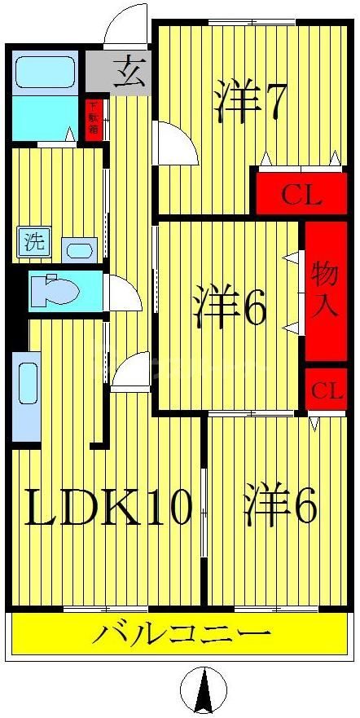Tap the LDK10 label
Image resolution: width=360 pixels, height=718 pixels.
[x=109, y=507]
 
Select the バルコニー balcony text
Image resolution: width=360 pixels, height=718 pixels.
[x=180, y=633]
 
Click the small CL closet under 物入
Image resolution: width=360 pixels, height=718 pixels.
[x=324, y=390]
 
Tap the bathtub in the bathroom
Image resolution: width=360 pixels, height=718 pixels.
[x=45, y=72]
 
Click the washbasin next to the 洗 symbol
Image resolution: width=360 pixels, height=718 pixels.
[x=80, y=249]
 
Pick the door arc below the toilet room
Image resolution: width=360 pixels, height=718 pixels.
[x=130, y=372]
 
